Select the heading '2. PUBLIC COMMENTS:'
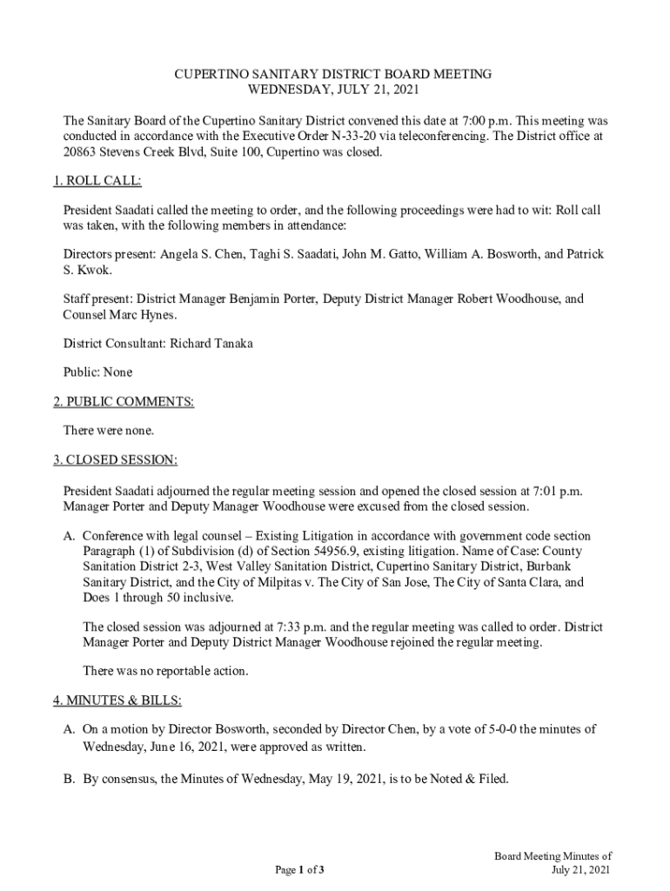click(123, 401)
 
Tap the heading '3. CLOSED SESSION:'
click(115, 459)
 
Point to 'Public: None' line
click(98, 372)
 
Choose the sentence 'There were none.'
click(109, 430)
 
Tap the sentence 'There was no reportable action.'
click(165, 671)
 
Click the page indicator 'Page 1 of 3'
click(300, 870)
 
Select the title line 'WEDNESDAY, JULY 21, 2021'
click(333, 90)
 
